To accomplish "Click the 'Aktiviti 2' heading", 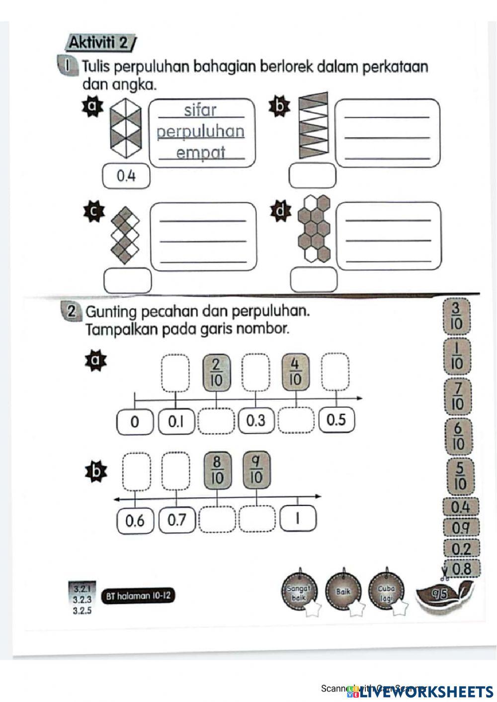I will tap(98, 43).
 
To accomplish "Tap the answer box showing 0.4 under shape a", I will tap(126, 176).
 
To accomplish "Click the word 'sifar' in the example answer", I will tap(200, 110).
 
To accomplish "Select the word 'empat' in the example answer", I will tap(201, 152).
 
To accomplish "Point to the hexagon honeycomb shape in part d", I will tap(314, 228).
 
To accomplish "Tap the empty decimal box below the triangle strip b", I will tap(313, 176).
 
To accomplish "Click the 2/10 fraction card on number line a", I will tap(217, 372).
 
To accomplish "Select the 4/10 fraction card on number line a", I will tap(295, 372).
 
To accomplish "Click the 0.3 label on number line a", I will tap(256, 421).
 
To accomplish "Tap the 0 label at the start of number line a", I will tap(135, 422).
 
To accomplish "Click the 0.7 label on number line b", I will tap(176, 520).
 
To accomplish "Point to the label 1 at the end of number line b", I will tap(298, 519).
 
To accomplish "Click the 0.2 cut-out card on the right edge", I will tap(461, 548).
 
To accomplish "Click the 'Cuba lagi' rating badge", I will tap(386, 592).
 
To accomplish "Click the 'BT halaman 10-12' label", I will tap(138, 596).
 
